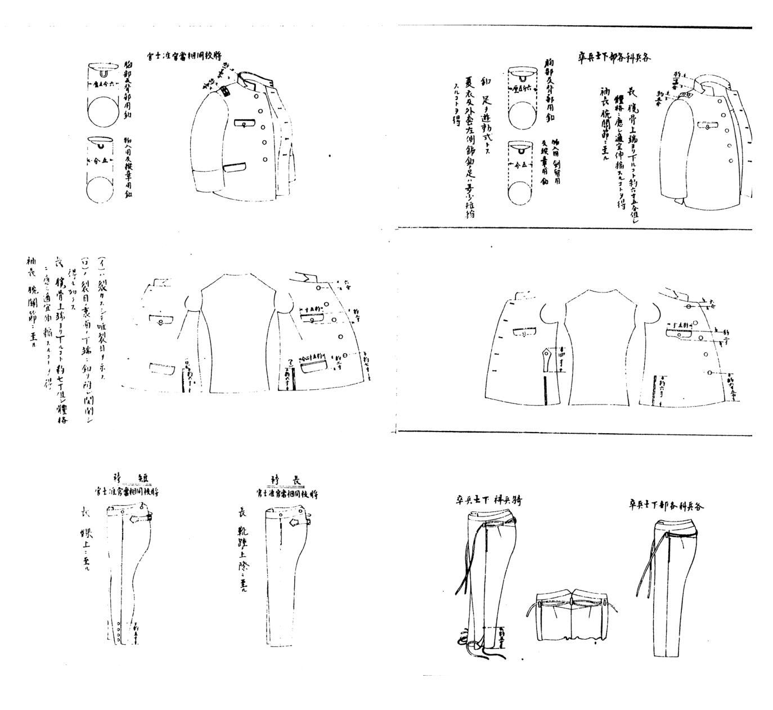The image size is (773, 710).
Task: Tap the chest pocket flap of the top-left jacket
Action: click(x=245, y=122)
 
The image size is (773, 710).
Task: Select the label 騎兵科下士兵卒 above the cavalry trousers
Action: click(x=489, y=500)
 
